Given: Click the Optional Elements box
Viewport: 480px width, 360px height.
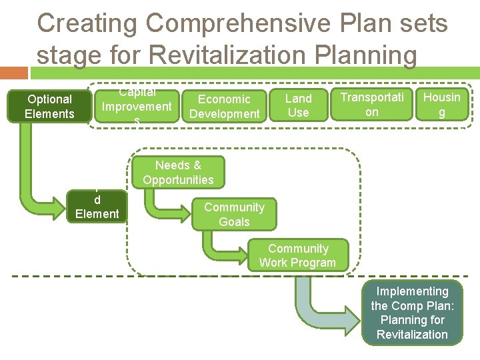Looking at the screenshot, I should click(49, 107).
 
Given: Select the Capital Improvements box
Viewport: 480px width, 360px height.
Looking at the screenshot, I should click(137, 106).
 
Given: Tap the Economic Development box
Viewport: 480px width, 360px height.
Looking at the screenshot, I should click(224, 106).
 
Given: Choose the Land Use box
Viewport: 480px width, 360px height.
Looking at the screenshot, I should click(298, 105).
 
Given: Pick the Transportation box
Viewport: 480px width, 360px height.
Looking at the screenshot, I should click(372, 105).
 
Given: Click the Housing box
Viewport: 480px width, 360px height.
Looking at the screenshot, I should click(441, 105).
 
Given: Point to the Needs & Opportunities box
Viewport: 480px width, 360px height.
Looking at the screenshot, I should click(178, 173).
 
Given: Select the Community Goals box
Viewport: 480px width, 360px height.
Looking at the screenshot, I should click(234, 215).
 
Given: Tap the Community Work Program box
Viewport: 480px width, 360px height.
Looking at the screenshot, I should click(297, 256).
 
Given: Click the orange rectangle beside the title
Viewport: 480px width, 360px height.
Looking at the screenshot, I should click(14, 71).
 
